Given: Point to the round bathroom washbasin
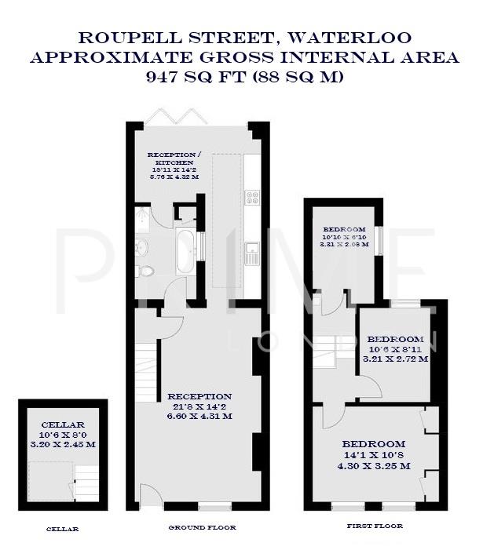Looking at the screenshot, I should point(141,248).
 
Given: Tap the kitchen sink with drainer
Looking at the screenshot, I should point(253,253).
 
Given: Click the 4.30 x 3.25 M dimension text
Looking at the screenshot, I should point(374,466).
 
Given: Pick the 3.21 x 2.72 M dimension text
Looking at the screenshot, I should point(395,359).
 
